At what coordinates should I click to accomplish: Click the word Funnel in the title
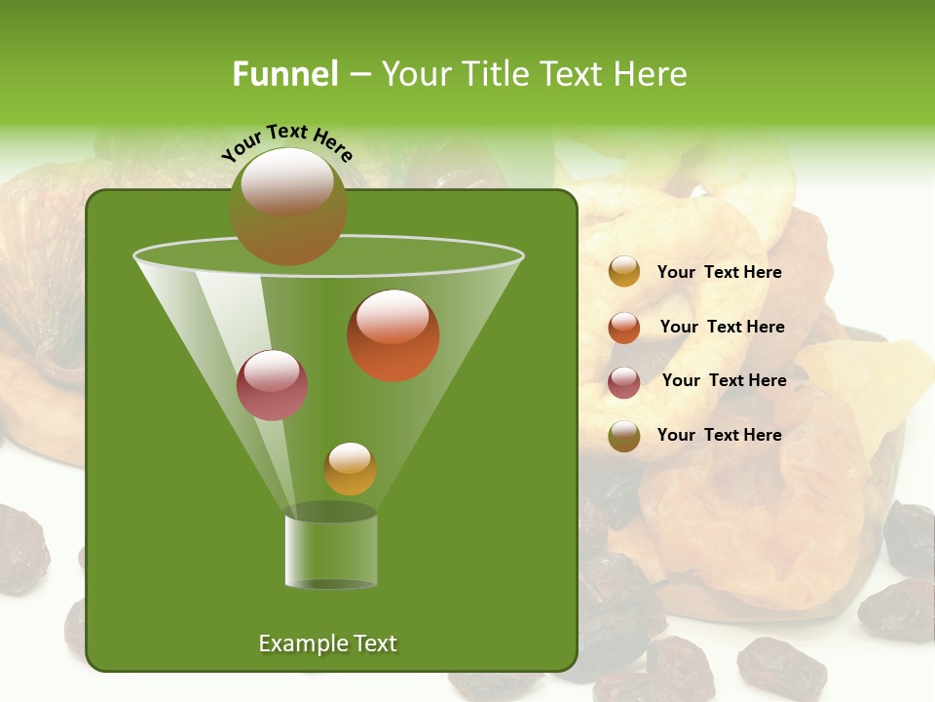285,74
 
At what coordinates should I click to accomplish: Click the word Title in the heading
493,74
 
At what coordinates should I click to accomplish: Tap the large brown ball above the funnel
288,206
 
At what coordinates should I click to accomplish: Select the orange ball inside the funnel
393,335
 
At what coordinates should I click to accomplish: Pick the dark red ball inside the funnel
273,385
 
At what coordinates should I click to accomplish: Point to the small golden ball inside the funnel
350,469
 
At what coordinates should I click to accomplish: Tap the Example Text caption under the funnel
327,643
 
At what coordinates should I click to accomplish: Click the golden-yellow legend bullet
624,272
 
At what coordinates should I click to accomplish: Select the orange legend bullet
624,328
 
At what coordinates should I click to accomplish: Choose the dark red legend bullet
624,382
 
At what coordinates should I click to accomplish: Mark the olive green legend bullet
624,436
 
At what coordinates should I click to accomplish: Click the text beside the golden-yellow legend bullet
719,273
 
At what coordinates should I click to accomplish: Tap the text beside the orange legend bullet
722,328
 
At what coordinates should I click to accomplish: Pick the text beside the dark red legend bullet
724,381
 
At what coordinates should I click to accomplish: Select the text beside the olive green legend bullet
719,435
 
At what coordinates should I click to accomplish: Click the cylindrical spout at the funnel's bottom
331,550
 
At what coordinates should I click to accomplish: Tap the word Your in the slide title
413,74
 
